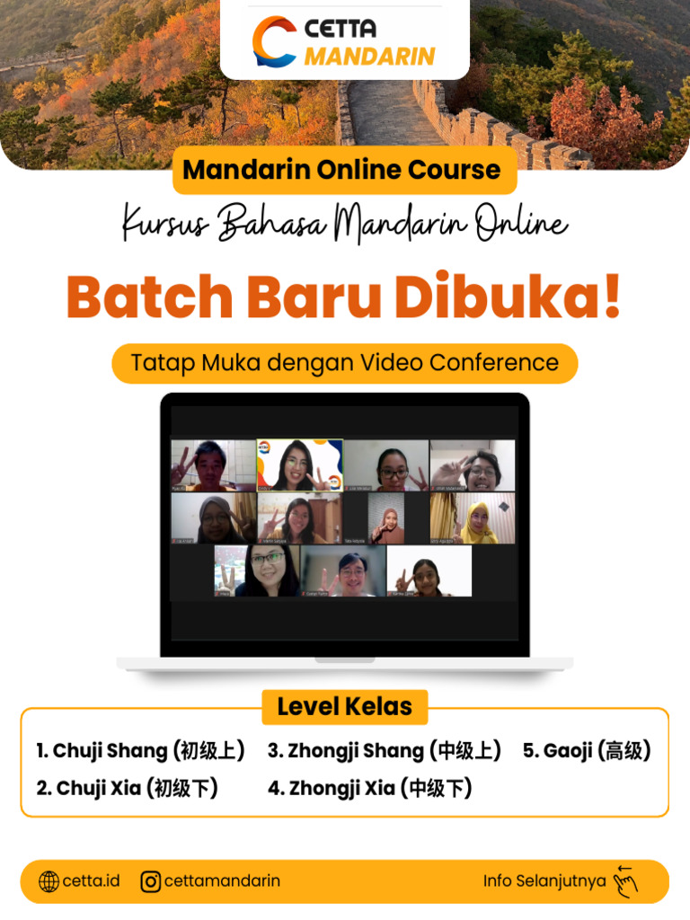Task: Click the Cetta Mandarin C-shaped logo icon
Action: [x=274, y=41]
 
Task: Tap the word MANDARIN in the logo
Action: [x=369, y=56]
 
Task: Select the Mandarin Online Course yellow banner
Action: [x=342, y=170]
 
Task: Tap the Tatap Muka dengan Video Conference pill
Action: [x=344, y=363]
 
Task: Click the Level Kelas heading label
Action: [x=345, y=707]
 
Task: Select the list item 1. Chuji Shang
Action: [x=140, y=751]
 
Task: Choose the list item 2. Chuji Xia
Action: [x=127, y=789]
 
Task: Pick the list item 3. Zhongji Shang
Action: [x=384, y=751]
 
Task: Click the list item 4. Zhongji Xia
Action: [x=369, y=789]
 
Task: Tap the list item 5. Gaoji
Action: [x=587, y=751]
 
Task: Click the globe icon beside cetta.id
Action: [x=49, y=881]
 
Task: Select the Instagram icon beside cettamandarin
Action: [x=151, y=881]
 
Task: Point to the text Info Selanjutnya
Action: [x=544, y=881]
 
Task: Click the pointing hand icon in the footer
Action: [x=624, y=881]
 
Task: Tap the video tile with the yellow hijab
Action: [x=473, y=519]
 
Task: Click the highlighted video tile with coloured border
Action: [x=299, y=464]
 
